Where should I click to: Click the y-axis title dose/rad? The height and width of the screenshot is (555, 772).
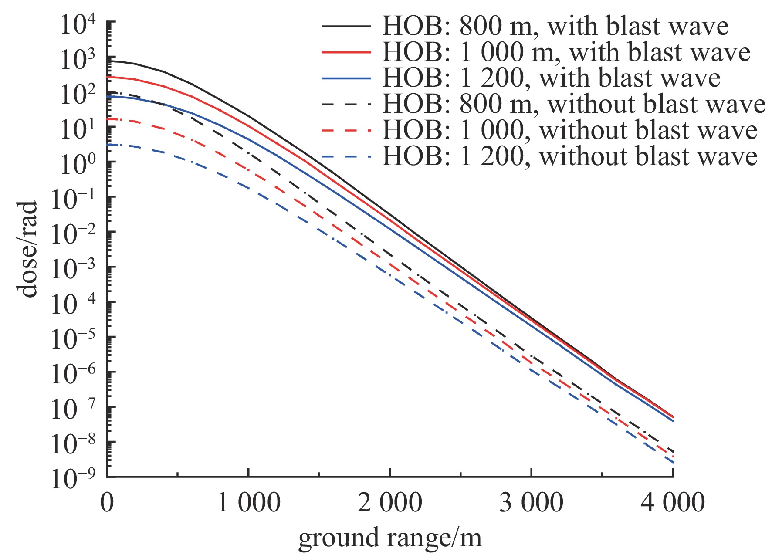[x=28, y=249]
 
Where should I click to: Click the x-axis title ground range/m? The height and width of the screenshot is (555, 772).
[x=390, y=538]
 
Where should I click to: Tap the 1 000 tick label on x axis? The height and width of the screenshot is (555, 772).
[x=248, y=503]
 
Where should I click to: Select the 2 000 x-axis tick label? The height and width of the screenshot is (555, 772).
[x=390, y=503]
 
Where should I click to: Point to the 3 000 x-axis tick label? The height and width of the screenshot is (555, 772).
[x=531, y=503]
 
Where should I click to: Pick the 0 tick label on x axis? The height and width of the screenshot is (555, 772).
[x=107, y=503]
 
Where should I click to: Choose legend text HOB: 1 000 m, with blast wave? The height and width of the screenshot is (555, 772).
[x=566, y=52]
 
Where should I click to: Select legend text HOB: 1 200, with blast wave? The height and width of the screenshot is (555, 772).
[x=551, y=78]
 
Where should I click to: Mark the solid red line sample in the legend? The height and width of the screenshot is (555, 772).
[x=346, y=52]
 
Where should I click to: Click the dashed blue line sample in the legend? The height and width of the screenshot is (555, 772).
[x=346, y=156]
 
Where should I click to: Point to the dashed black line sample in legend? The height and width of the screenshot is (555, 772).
[x=346, y=105]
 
